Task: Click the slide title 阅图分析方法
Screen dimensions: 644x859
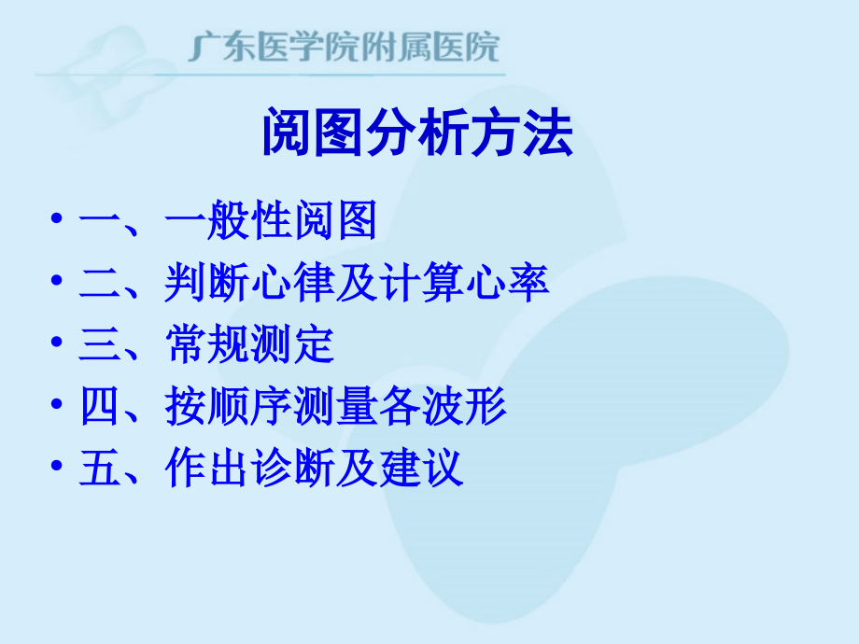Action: tap(416, 137)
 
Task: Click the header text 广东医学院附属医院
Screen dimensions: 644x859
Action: tap(345, 47)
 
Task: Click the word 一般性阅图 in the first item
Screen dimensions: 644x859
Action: tap(270, 222)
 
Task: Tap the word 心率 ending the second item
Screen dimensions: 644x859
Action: tap(506, 284)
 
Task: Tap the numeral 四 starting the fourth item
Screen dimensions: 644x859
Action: tap(97, 407)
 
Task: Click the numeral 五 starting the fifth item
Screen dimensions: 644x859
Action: tap(97, 468)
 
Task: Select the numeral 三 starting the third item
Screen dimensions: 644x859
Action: tap(97, 345)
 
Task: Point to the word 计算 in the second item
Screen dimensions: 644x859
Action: tap(420, 284)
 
